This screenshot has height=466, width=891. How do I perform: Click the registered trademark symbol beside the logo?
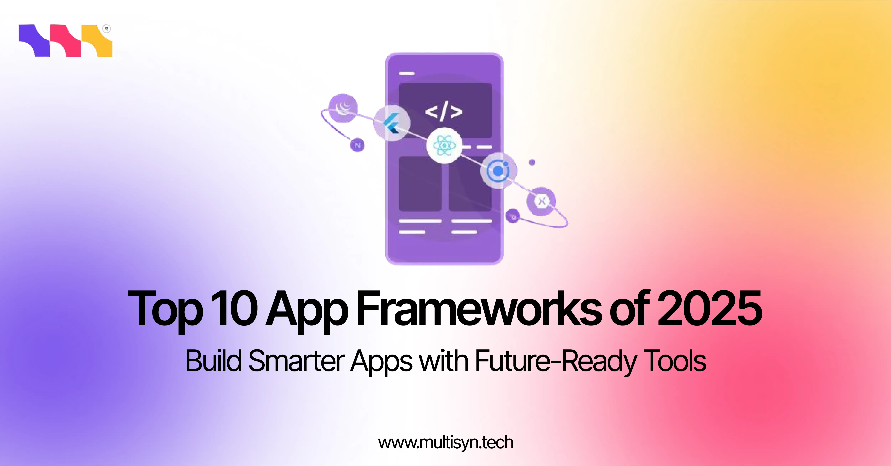tap(107, 29)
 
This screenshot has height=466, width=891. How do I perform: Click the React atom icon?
tap(444, 145)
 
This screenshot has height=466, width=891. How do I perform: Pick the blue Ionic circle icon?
tap(498, 170)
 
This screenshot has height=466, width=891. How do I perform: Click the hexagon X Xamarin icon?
tap(541, 201)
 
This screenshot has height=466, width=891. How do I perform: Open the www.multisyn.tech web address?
tap(445, 443)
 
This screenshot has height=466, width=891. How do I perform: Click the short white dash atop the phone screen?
tap(407, 73)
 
